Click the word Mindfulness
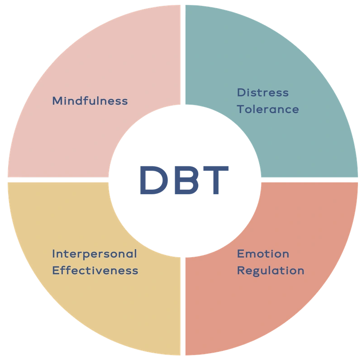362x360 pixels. [90, 101]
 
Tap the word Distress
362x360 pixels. [262, 93]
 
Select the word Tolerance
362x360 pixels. [268, 110]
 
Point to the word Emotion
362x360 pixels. [263, 254]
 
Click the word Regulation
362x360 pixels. [271, 271]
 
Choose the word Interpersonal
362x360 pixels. [94, 254]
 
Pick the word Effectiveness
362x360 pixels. [95, 271]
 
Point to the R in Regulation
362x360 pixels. [241, 271]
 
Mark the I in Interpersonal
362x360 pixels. [54, 254]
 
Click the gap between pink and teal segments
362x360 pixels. [183, 54]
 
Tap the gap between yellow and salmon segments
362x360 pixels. [183, 308]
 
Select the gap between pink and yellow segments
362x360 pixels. [59, 179]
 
